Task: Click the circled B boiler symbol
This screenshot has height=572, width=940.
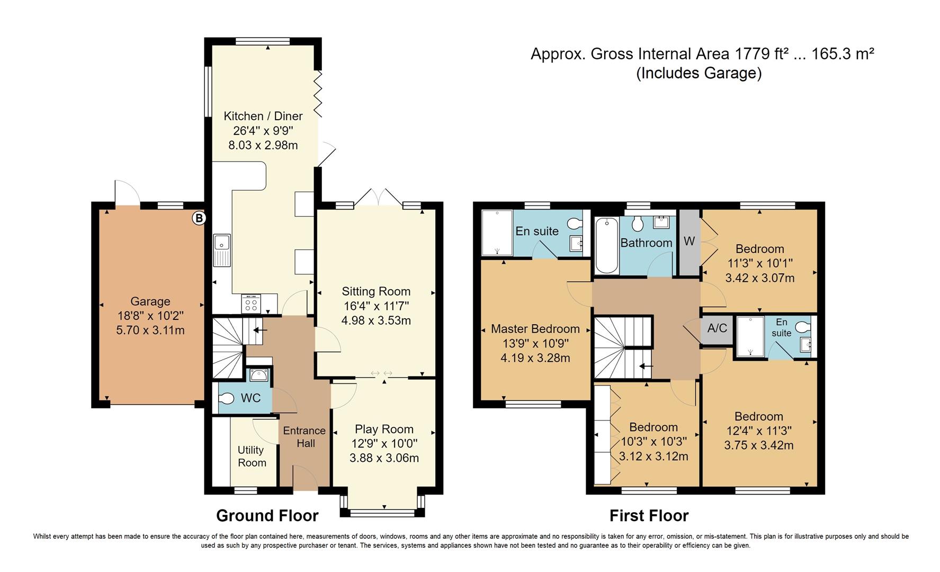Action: pos(199,218)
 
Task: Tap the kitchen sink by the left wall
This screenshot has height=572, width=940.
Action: pos(221,250)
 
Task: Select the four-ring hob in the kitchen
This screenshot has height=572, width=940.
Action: pos(250,304)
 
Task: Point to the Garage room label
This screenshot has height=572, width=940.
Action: pos(150,301)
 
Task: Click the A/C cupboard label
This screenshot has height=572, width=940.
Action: pos(717,328)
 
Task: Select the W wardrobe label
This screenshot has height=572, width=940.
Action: pos(689,242)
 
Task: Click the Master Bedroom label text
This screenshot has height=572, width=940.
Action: pos(535,329)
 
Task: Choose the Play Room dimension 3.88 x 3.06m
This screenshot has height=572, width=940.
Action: pos(384,458)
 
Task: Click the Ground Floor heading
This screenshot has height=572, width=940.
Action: pos(267,515)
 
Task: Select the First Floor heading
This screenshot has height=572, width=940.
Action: pos(649,515)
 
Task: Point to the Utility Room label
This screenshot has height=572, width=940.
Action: pos(251,456)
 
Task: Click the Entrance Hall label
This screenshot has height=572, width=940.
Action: pos(305,437)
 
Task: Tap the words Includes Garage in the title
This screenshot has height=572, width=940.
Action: pos(699,73)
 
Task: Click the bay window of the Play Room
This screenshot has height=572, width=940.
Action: pos(383,511)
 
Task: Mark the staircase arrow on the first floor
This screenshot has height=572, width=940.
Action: pos(646,366)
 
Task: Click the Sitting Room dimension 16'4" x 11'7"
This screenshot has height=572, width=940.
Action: pos(376,306)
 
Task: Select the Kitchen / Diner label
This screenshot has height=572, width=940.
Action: pos(263,116)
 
